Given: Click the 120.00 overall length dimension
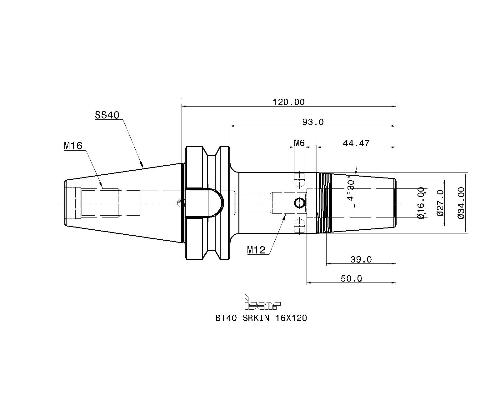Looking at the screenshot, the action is click(288, 102).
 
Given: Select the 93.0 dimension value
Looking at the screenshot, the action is click(313, 122).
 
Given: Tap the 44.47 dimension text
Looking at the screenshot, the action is click(356, 143).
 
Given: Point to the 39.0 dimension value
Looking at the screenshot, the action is click(361, 259).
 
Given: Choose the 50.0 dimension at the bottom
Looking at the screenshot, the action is click(351, 278).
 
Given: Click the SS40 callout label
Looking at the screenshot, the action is click(107, 115).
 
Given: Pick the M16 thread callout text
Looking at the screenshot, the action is click(73, 146).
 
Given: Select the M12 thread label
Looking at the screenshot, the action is click(256, 250).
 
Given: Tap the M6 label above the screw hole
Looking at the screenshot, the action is click(299, 143).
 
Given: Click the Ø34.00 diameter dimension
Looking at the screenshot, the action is click(461, 203).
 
